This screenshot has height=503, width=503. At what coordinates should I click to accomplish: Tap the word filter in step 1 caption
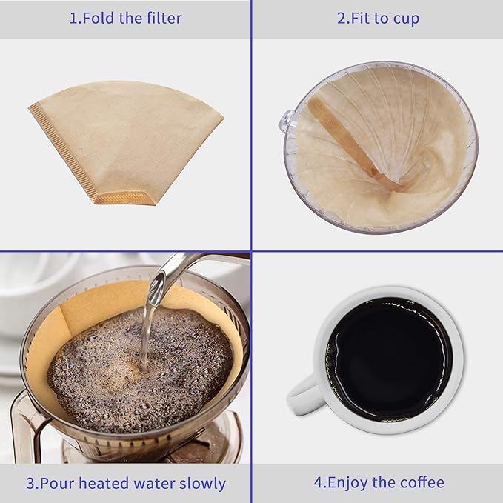[164, 18]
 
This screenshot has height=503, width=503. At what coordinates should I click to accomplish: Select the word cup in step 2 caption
[406, 19]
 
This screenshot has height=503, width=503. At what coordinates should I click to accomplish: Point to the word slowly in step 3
[202, 484]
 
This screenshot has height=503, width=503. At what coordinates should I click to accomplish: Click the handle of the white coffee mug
[303, 396]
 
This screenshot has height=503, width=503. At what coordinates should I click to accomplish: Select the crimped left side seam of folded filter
[61, 151]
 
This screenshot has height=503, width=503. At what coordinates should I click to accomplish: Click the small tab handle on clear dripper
[287, 121]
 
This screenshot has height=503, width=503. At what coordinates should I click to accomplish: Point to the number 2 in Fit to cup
[342, 19]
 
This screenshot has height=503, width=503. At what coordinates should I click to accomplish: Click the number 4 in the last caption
[318, 482]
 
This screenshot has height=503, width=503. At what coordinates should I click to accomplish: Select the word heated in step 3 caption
[104, 483]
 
